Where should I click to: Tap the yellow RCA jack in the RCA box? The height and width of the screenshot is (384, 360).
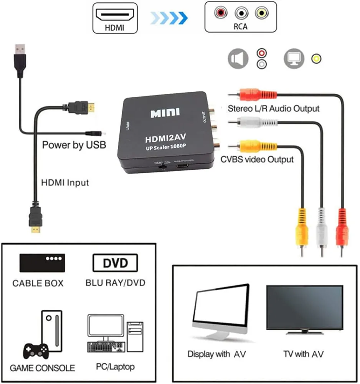(x=261, y=13)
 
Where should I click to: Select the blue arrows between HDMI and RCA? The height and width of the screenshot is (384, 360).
(x=169, y=17)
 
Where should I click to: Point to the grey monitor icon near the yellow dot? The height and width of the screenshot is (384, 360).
(x=294, y=59)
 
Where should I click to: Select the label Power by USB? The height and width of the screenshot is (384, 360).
(x=74, y=145)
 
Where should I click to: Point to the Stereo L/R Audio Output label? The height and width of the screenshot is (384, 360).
(x=273, y=108)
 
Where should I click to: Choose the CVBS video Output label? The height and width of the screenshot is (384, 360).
(x=257, y=159)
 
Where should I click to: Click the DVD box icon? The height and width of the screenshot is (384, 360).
(x=115, y=263)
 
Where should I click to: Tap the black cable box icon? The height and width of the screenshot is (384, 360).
(x=42, y=263)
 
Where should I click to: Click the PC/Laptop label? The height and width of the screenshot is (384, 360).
(x=115, y=367)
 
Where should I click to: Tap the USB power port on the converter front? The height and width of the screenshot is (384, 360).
(x=182, y=166)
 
